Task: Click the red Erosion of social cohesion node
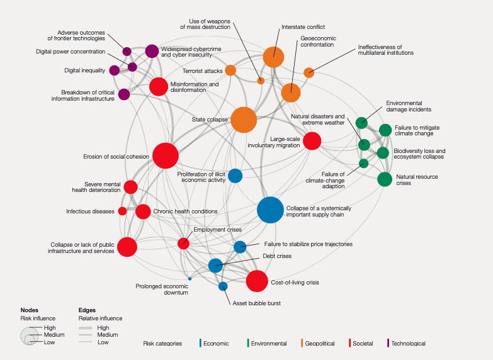click(x=166, y=155)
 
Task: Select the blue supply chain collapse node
click(x=271, y=210)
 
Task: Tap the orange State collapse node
click(x=244, y=120)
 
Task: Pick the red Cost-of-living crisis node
click(x=257, y=281)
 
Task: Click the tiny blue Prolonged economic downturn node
click(x=190, y=278)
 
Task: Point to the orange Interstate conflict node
click(x=273, y=57)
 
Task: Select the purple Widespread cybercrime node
click(x=152, y=51)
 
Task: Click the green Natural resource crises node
click(x=385, y=179)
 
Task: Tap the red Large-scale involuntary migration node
click(x=312, y=141)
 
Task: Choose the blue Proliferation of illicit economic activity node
click(x=235, y=176)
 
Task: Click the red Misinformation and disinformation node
click(x=159, y=86)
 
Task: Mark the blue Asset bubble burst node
click(x=223, y=286)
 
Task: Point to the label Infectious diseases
click(x=91, y=211)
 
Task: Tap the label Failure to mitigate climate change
click(x=417, y=130)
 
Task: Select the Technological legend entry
click(x=408, y=344)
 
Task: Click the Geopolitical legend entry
click(x=324, y=344)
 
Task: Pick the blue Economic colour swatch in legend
click(x=201, y=343)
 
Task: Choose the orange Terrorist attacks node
click(x=230, y=70)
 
